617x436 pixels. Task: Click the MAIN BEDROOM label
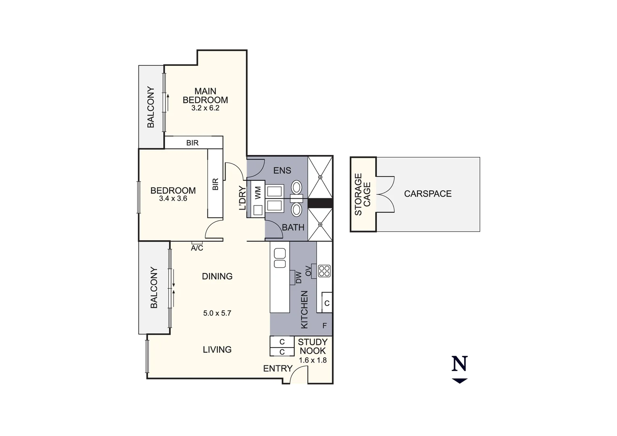tap(205, 96)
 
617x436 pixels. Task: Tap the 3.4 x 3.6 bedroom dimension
tap(173, 199)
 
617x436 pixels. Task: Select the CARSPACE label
tap(428, 194)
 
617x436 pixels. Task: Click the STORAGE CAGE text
tap(362, 194)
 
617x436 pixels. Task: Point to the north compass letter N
tap(460, 364)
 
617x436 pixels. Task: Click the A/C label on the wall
tap(197, 248)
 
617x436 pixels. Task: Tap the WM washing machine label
tap(258, 192)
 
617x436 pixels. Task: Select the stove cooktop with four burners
tap(324, 271)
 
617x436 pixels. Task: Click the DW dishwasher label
tap(299, 277)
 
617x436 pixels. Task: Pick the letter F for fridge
tap(324, 326)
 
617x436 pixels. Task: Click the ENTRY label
tap(278, 368)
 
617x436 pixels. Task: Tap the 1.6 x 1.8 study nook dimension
tap(313, 360)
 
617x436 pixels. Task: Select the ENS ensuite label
tap(282, 170)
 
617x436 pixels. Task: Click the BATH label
tap(293, 227)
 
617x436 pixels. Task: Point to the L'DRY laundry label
tap(243, 198)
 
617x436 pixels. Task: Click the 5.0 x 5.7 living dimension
tap(217, 313)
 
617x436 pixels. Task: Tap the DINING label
tap(217, 276)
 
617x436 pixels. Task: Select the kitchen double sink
tap(280, 258)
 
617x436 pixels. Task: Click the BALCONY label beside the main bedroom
tap(151, 107)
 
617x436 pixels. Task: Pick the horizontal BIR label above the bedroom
tap(192, 143)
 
